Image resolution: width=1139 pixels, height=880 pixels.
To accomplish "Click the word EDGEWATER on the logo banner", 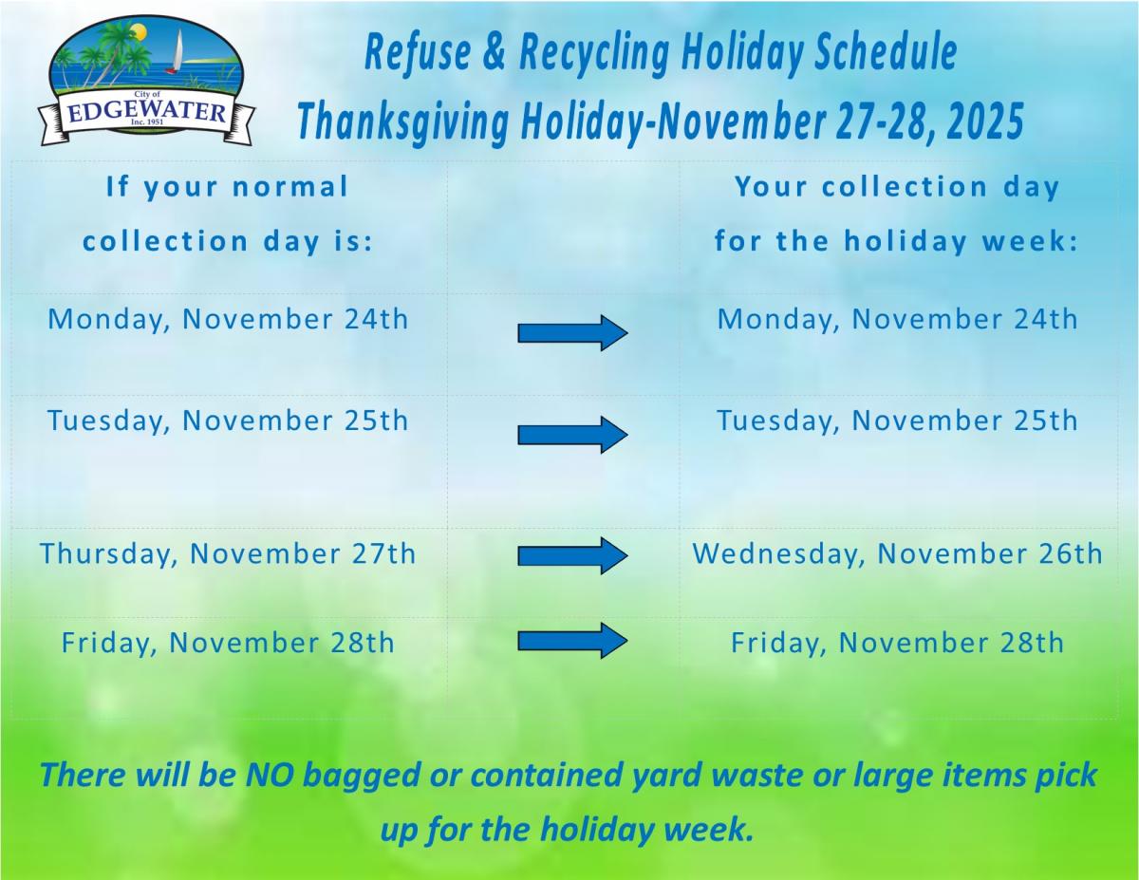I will pyautogui.click(x=147, y=114).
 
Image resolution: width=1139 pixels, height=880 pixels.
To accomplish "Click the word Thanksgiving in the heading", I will pyautogui.click(x=402, y=122).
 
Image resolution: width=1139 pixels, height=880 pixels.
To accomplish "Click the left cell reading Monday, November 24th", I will pyautogui.click(x=228, y=318).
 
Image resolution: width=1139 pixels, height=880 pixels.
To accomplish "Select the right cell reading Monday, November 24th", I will pyautogui.click(x=897, y=318).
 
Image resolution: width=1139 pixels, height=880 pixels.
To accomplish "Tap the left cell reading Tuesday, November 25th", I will pyautogui.click(x=228, y=420).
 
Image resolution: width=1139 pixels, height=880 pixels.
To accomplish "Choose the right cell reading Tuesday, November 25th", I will pyautogui.click(x=897, y=420).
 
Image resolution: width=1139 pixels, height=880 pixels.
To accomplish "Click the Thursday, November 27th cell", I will pyautogui.click(x=228, y=553).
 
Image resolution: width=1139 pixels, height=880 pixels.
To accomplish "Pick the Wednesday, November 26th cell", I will pyautogui.click(x=897, y=553).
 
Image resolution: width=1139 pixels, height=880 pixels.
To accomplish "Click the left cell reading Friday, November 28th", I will pyautogui.click(x=228, y=643).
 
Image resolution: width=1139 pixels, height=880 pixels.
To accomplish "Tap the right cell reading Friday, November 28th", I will pyautogui.click(x=897, y=643).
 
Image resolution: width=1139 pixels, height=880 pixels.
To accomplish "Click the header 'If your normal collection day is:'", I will pyautogui.click(x=228, y=214).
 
